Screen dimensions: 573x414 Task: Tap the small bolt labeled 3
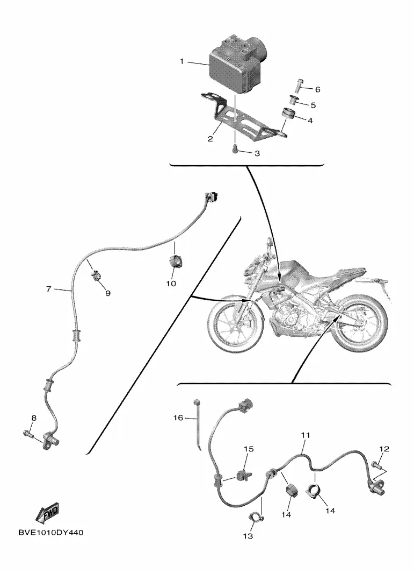click(x=235, y=150)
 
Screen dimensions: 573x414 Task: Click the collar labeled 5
click(x=294, y=101)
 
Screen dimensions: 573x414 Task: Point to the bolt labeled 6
click(x=299, y=85)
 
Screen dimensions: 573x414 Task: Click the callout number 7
click(x=48, y=289)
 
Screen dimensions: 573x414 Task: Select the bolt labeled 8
click(x=28, y=431)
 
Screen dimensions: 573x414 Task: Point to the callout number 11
click(x=306, y=434)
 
